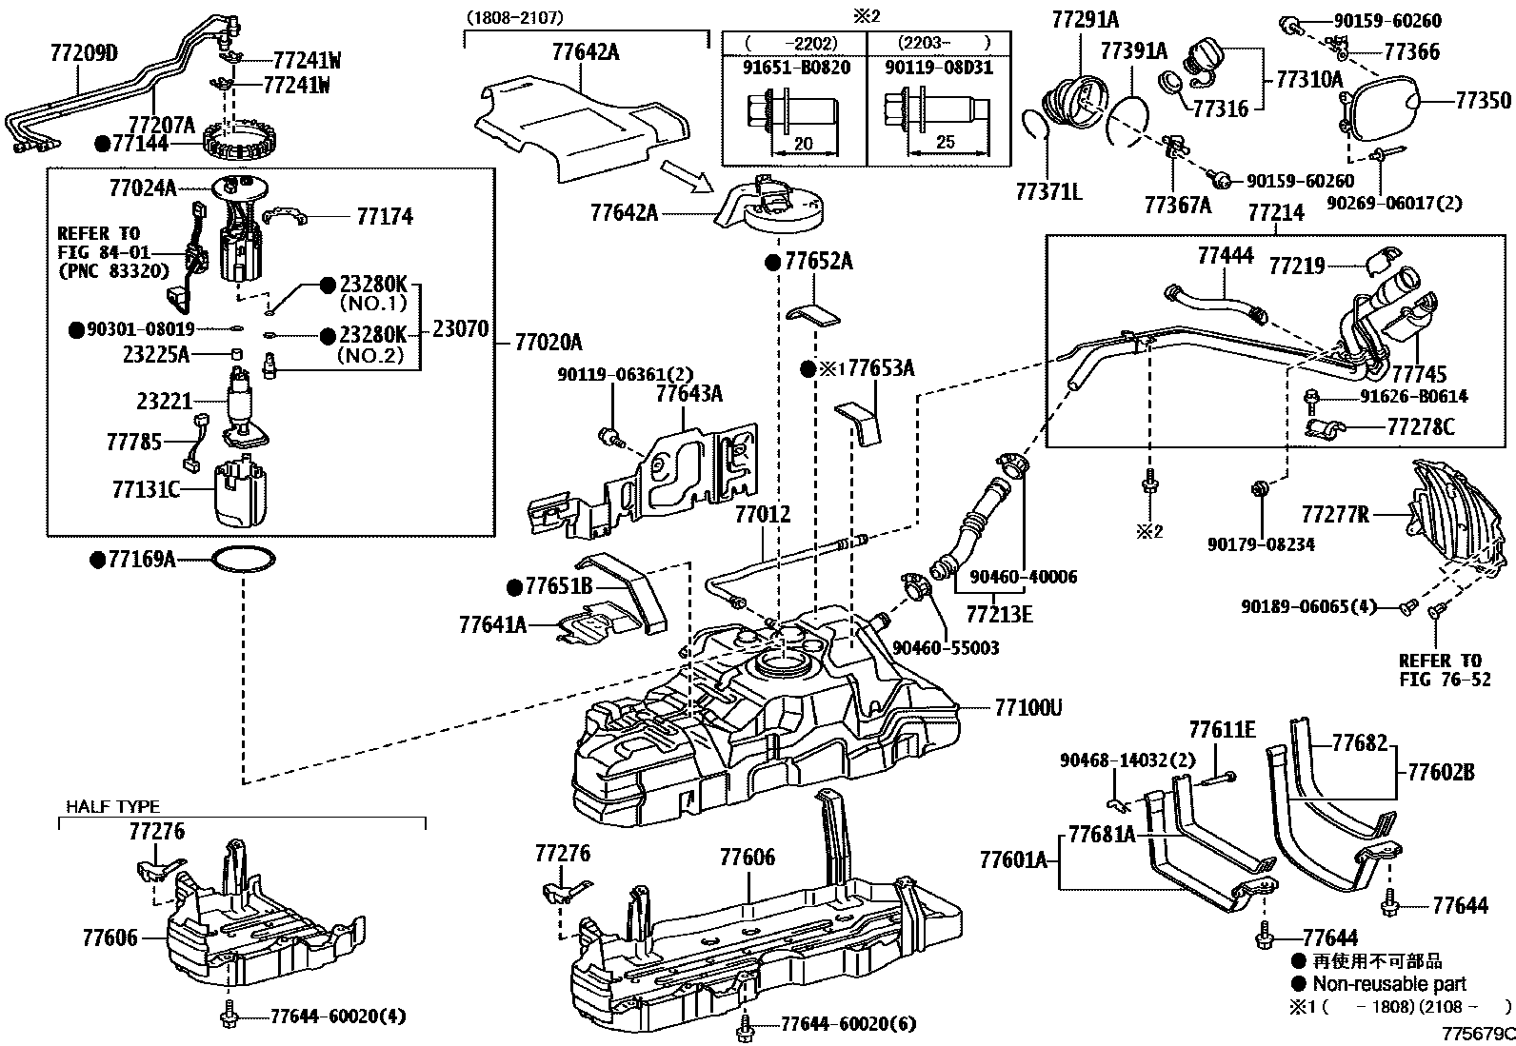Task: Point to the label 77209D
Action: tap(83, 53)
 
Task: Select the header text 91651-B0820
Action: tap(794, 68)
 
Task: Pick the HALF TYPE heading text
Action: tap(112, 806)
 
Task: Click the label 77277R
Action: tap(1335, 515)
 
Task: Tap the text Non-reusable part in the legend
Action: tap(1389, 984)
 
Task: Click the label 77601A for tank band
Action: tap(1013, 861)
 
